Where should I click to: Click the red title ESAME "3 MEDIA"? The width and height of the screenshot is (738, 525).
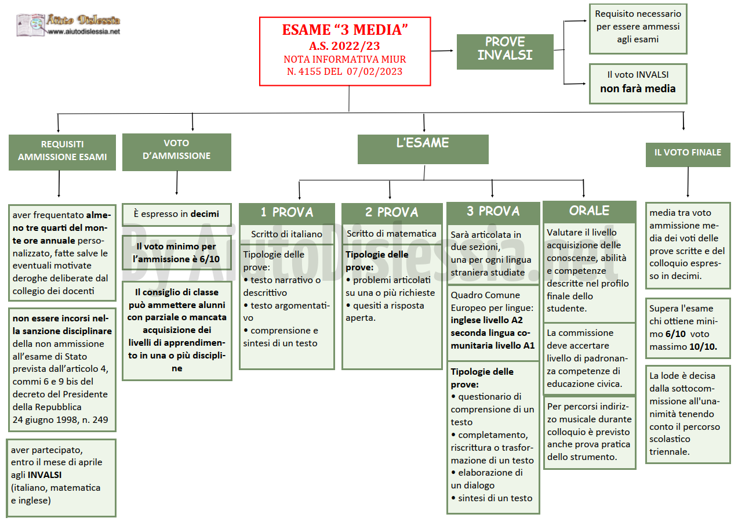(x=344, y=30)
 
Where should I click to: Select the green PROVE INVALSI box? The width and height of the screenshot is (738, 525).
(x=505, y=52)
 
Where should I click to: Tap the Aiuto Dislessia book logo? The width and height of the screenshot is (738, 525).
(x=30, y=24)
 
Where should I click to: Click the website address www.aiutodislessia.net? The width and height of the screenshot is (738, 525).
(x=83, y=32)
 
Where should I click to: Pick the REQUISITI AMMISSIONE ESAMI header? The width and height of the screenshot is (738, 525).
(x=62, y=152)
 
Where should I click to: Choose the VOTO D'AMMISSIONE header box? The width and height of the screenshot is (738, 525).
(x=177, y=152)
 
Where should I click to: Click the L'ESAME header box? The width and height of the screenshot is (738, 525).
(x=423, y=149)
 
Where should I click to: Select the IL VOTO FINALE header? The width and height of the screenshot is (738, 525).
(x=688, y=155)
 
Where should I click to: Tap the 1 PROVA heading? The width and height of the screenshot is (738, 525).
(x=287, y=212)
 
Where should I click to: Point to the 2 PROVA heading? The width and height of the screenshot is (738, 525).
(x=392, y=212)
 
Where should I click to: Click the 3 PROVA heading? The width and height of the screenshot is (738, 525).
(x=493, y=211)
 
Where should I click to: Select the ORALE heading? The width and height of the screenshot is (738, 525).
(x=590, y=211)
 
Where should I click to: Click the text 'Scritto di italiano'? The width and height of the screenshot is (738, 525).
(x=286, y=234)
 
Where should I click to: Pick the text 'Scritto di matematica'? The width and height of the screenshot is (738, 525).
(x=391, y=233)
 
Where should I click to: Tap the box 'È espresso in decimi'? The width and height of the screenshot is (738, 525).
(x=177, y=215)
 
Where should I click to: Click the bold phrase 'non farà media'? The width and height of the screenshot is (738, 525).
(x=638, y=89)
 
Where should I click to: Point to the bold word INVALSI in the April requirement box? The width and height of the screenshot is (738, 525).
(x=45, y=475)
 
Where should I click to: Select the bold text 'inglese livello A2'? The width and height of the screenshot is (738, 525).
(x=486, y=320)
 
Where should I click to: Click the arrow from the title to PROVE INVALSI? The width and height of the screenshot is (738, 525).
(x=442, y=51)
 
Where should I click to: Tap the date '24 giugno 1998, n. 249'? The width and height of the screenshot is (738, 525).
(x=60, y=420)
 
